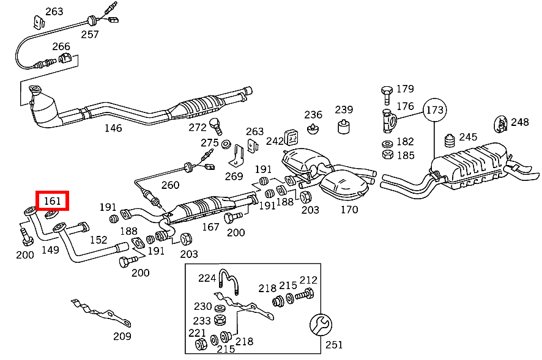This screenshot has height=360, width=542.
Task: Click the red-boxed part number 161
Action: (x=53, y=200)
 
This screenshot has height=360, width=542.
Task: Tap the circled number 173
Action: (x=435, y=110)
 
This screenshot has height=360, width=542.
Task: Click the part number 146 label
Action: (x=113, y=128)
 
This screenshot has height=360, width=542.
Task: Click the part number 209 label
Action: (x=122, y=336)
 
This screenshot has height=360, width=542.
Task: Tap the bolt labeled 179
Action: (x=386, y=94)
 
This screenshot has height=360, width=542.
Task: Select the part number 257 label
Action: (x=90, y=34)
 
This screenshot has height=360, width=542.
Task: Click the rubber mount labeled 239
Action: (x=344, y=127)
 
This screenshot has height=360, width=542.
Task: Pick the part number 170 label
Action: (x=349, y=210)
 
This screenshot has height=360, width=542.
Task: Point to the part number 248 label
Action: (x=519, y=122)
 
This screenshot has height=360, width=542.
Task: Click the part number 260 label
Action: (x=170, y=185)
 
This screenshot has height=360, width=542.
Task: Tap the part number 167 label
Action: (x=210, y=227)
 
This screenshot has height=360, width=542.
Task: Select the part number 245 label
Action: (x=468, y=137)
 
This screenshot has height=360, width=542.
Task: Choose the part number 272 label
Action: (x=198, y=127)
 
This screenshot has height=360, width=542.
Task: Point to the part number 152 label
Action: (x=98, y=240)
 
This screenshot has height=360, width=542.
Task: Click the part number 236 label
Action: (x=313, y=115)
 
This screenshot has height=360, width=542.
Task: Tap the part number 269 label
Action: (x=234, y=177)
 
